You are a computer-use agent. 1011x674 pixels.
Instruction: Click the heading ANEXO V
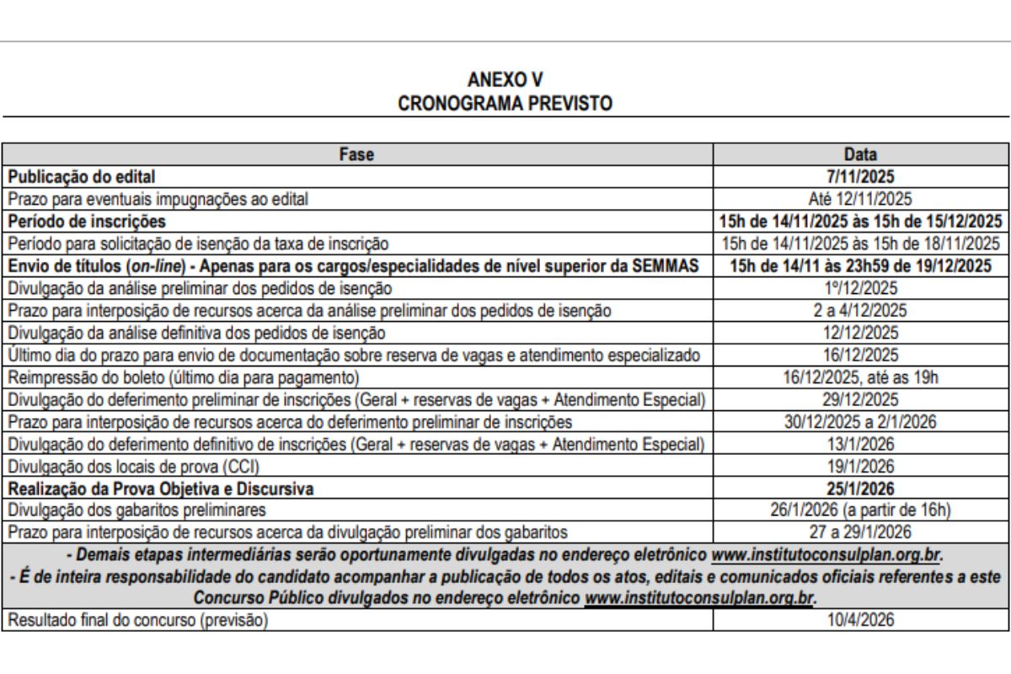(x=506, y=80)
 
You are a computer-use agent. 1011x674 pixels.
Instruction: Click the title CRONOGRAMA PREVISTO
(x=506, y=103)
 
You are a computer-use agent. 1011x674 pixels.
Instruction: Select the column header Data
(x=860, y=154)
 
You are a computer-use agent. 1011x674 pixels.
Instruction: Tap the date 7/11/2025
(x=860, y=178)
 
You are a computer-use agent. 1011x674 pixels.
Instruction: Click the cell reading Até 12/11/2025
(x=860, y=200)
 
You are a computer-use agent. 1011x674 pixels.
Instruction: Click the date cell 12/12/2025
(x=860, y=333)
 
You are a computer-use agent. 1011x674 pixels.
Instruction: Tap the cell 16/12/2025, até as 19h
(x=860, y=377)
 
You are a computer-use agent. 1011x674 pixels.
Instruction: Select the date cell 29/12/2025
(x=860, y=399)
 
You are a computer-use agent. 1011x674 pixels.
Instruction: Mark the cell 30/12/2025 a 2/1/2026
(x=860, y=420)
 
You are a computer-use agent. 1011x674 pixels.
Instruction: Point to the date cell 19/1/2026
(x=860, y=465)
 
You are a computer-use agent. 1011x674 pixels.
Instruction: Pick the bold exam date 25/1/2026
(x=860, y=487)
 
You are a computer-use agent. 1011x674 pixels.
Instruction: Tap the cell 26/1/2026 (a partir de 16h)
(x=860, y=509)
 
